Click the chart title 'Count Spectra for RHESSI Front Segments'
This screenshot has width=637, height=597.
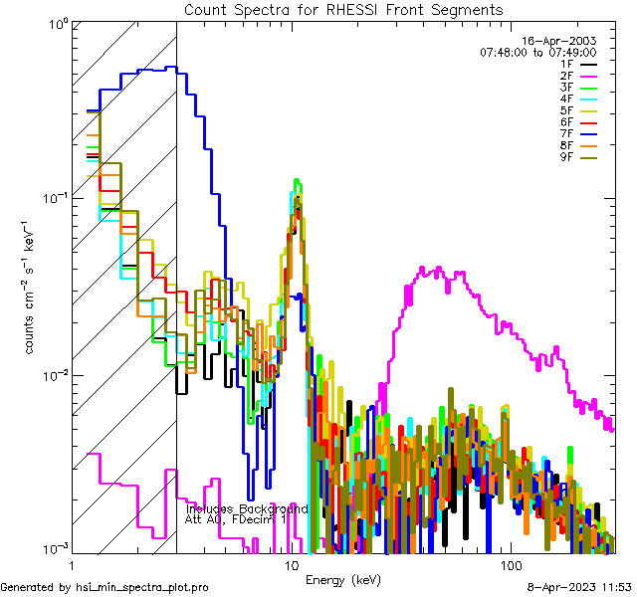click(x=343, y=9)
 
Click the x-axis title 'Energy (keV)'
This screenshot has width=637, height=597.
click(x=342, y=579)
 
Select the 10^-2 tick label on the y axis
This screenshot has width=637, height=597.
click(x=52, y=375)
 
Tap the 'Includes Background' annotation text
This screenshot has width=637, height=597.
click(x=247, y=508)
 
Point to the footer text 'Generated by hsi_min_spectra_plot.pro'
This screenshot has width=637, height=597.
click(x=106, y=587)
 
